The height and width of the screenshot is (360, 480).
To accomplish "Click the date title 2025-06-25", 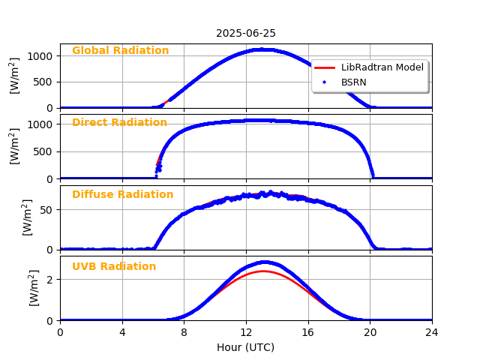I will tap(246, 34).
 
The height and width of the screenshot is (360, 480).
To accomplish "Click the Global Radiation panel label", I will tap(120, 51).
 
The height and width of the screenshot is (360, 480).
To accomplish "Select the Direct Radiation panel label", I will tap(119, 123).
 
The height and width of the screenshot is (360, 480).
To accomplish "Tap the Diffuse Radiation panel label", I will tap(122, 195).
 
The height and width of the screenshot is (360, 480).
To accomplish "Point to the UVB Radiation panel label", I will tap(114, 267).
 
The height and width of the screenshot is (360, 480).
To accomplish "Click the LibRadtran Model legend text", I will tap(382, 67).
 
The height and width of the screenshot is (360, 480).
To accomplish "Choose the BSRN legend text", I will tap(355, 82).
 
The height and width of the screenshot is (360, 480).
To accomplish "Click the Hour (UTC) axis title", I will tap(246, 347).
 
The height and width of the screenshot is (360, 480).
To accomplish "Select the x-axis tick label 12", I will tap(246, 332).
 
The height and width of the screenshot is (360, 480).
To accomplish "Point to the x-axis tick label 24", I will tap(432, 332).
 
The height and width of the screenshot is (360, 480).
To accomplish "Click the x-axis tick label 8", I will tap(184, 332).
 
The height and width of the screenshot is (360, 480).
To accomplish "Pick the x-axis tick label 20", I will tap(370, 332).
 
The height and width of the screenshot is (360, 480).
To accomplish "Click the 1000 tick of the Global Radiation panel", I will tap(41, 56).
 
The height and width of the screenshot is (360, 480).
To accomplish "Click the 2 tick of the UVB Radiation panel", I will tap(51, 280).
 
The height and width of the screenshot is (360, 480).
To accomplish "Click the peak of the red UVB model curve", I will tap(262, 271).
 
